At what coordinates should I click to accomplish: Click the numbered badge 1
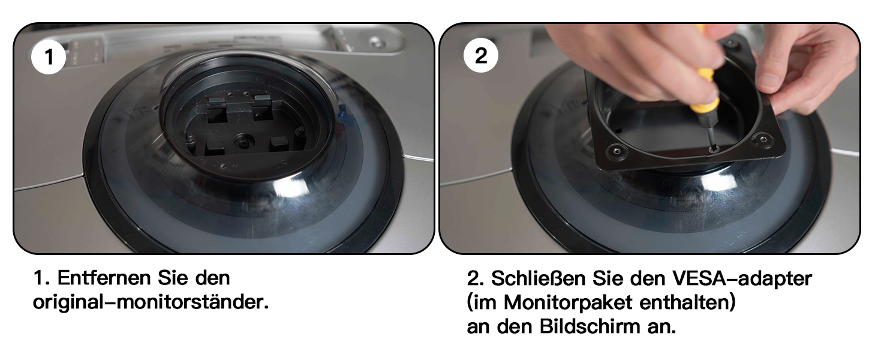click(49, 57)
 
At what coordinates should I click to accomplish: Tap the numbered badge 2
click(481, 55)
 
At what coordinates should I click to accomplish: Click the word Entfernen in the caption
click(104, 278)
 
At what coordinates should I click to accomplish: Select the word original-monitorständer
click(151, 302)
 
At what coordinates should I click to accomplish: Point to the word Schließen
click(539, 278)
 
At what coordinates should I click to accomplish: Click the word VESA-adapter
click(742, 278)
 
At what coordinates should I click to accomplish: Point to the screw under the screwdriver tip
click(714, 149)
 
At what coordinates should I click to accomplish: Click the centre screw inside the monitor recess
click(243, 141)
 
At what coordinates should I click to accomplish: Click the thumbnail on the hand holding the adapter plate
click(769, 80)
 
